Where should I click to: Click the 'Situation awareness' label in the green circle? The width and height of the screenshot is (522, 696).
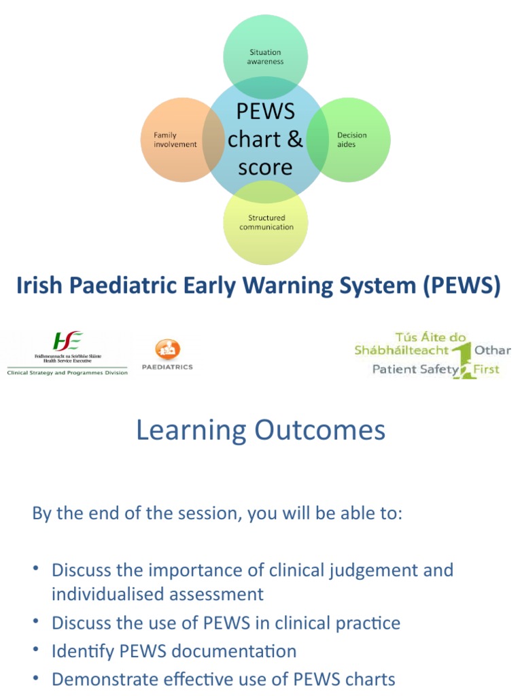265,56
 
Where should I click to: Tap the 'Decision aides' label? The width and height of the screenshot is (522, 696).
351,139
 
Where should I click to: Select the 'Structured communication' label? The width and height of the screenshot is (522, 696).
266,222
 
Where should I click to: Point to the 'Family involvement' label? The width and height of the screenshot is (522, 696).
175,139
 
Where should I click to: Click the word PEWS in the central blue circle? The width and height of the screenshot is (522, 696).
265,111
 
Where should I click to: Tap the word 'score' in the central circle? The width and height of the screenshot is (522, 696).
265,167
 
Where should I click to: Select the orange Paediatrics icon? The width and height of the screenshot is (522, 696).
167,349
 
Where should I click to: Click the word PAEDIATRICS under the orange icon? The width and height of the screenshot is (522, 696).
167,367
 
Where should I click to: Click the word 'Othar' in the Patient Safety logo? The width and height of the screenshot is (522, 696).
493,350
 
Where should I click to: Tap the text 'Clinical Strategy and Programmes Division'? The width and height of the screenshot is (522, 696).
67,373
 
